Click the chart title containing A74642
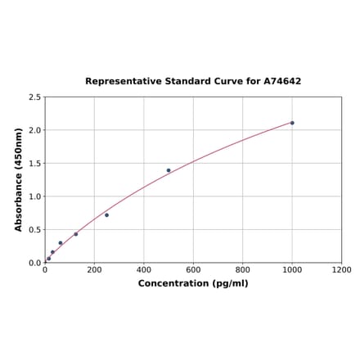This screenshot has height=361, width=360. tap(193, 82)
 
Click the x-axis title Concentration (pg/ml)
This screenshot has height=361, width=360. tap(193, 283)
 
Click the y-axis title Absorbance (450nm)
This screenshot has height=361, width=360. tap(19, 179)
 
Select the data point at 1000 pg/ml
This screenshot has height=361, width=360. tap(292, 123)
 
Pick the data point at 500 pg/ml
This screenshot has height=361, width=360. tap(169, 170)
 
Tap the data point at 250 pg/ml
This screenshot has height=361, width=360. tap(106, 215)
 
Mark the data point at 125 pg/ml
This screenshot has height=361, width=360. tap(76, 234)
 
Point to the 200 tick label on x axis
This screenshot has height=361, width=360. tap(94, 270)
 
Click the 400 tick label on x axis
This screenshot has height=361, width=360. tap(144, 270)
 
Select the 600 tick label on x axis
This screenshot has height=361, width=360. tap(193, 270)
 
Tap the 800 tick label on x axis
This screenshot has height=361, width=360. tap(243, 270)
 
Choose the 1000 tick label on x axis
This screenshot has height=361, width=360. tap(292, 270)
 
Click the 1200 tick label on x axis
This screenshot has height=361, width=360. tap(341, 270)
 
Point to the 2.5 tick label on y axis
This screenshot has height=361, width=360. tap(35, 97)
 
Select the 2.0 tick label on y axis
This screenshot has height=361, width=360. tap(35, 130)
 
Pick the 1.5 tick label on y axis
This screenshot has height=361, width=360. tap(35, 164)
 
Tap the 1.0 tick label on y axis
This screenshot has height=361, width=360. tap(35, 196)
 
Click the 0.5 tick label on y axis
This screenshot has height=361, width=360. tap(35, 230)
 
